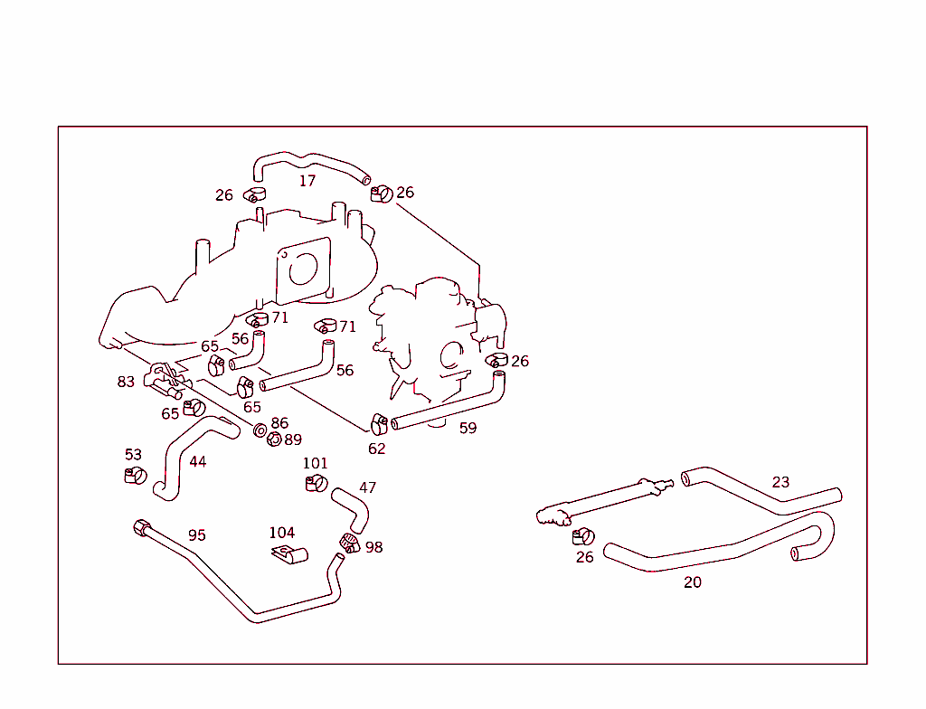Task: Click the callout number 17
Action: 307,181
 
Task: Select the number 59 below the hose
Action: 468,428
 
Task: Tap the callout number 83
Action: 126,382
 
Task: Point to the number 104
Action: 282,533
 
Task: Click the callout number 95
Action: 197,535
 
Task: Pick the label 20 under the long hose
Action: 693,582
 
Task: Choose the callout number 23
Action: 780,482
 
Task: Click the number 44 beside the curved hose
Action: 198,461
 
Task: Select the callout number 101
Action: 315,463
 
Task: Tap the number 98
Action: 373,547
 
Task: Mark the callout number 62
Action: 377,448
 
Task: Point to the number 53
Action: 134,454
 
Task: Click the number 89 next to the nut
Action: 293,440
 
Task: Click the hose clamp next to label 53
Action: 136,475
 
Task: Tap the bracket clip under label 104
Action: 288,553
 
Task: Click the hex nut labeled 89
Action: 274,440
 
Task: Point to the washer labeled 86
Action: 260,429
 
